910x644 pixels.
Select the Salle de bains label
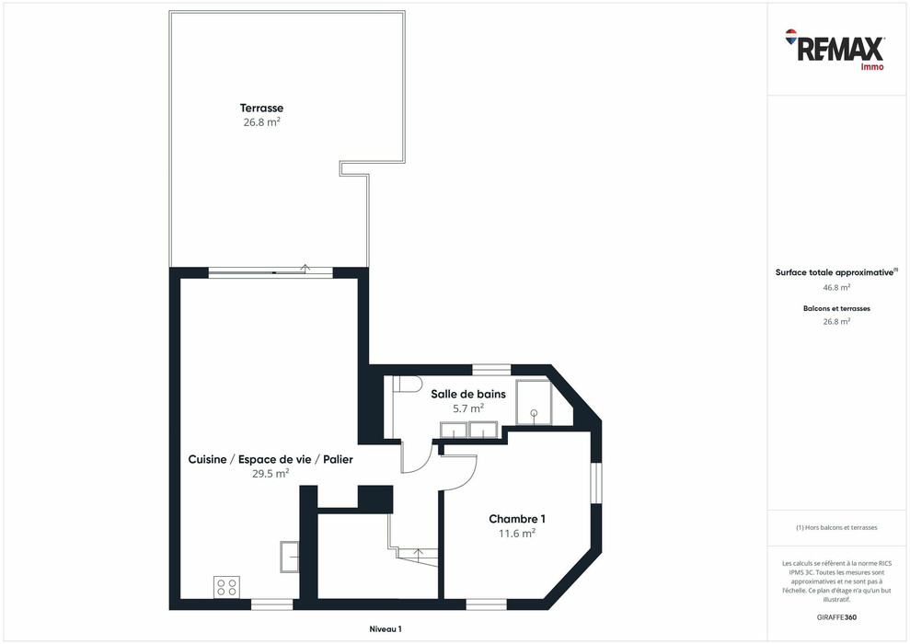tap(468, 394)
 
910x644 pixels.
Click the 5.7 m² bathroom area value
tap(468, 408)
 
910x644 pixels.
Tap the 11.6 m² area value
tap(517, 533)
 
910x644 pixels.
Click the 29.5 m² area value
tap(271, 474)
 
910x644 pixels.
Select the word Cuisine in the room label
tap(207, 459)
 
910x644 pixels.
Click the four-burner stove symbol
tap(226, 587)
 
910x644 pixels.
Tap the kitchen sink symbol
tap(290, 557)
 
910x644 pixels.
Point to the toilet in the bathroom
tap(406, 385)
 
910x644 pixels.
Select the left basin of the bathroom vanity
tap(454, 430)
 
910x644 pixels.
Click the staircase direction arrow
tap(420, 553)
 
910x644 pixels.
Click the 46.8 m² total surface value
tap(835, 287)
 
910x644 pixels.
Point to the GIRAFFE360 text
tap(835, 616)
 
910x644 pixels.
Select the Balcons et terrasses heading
tap(835, 309)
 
